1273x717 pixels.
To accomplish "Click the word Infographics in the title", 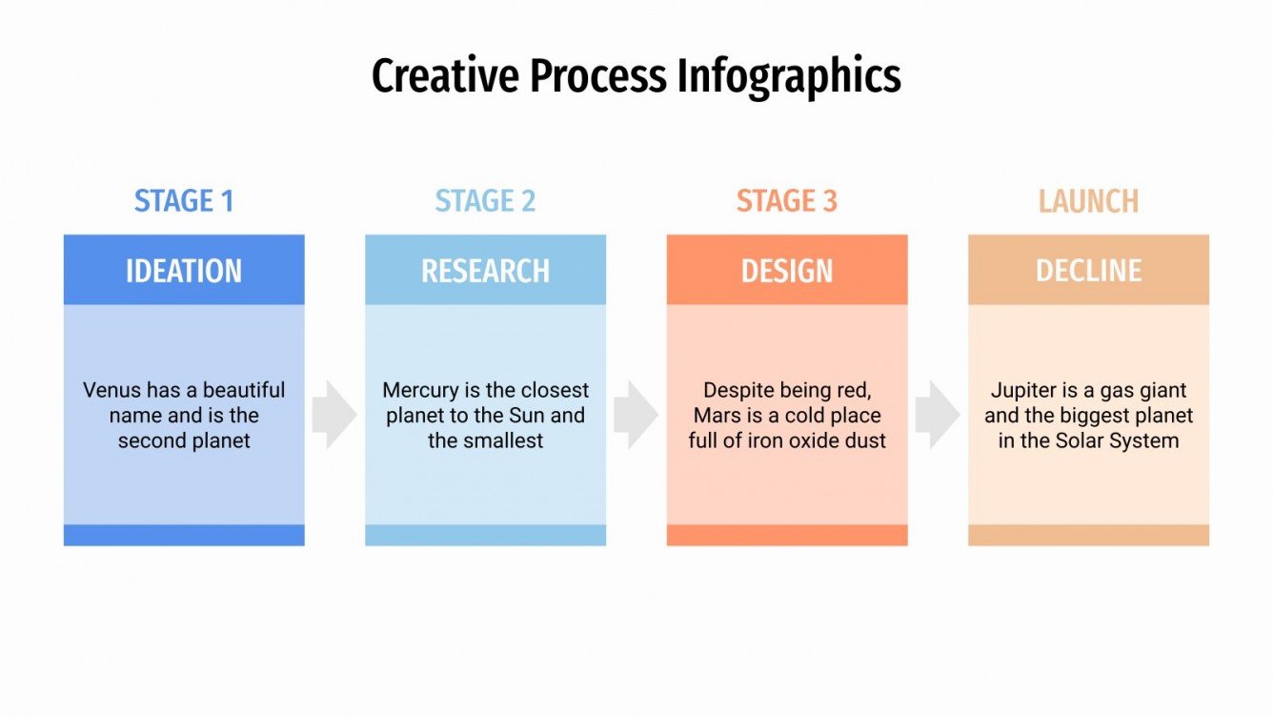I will pos(789,76).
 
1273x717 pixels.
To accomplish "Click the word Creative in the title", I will pos(446,76).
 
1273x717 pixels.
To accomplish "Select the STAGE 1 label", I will pos(184,201).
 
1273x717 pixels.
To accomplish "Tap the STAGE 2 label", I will pos(485,201).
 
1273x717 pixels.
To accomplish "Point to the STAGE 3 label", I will pos(786,201).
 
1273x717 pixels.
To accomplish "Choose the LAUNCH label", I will pos(1088,201).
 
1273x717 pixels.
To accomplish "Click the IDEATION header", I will pos(184,271).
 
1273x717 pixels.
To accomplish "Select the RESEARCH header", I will pos(485,271).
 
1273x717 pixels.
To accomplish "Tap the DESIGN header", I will pos(786,271).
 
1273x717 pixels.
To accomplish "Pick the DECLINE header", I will pos(1088,271).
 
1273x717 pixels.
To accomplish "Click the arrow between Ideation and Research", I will pos(333,415).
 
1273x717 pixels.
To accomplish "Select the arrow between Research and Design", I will pos(636,415).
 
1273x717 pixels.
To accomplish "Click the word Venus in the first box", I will pos(110,391).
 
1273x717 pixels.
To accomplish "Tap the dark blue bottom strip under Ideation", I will pos(184,535).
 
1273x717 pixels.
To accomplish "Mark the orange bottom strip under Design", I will pos(786,535).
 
